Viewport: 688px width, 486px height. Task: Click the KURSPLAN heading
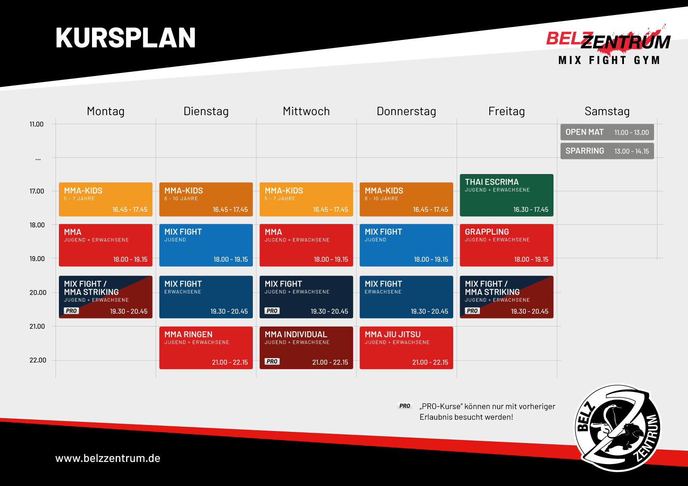[x=125, y=38]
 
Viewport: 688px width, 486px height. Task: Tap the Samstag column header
[x=607, y=111]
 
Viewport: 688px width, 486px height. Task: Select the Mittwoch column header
[x=306, y=111]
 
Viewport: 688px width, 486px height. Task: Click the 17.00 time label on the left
[x=37, y=191]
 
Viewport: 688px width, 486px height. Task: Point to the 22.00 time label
[x=38, y=360]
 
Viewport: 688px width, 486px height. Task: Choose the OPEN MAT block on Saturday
[x=607, y=132]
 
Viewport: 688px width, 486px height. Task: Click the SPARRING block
[x=607, y=151]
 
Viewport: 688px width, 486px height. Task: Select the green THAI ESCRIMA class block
[x=507, y=195]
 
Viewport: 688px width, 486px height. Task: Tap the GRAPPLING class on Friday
[x=507, y=245]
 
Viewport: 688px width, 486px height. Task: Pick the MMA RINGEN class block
[x=206, y=348]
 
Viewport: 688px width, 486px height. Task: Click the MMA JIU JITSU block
[x=406, y=348]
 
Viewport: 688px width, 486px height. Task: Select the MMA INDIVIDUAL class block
[x=306, y=348]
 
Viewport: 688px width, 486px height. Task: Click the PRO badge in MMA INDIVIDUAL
[x=272, y=361]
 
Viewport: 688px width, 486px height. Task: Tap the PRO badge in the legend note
[x=405, y=406]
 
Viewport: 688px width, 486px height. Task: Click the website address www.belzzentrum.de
[x=108, y=458]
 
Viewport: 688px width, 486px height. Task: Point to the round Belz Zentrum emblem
[x=617, y=428]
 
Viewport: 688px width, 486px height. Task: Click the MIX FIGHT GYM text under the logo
[x=609, y=60]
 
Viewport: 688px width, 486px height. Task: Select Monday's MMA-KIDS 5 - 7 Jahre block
[x=106, y=199]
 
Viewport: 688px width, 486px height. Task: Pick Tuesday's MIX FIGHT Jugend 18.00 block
[x=206, y=245]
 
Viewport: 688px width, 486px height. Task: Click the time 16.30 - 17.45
[x=531, y=209]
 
